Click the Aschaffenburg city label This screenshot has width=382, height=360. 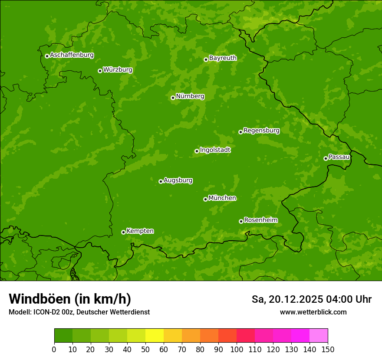[x=72, y=55]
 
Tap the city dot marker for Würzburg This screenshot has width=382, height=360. [x=100, y=71]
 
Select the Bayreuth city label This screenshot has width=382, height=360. [x=223, y=58]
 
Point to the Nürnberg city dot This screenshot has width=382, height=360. [x=173, y=98]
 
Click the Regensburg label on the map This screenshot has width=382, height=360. [x=261, y=130]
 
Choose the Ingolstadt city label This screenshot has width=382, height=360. [x=215, y=150]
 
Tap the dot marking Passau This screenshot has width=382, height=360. [x=326, y=158]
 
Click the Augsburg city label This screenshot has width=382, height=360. [x=178, y=180]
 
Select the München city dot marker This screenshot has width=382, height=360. [x=205, y=199]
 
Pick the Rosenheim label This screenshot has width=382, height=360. [x=260, y=220]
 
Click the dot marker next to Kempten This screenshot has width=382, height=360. [x=123, y=232]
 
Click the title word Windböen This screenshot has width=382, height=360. [x=39, y=299]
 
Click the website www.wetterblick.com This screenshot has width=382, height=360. [x=313, y=312]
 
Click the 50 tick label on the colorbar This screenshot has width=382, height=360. [x=145, y=349]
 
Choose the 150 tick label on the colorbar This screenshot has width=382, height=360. [x=328, y=349]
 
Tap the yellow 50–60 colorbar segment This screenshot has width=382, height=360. [x=155, y=336]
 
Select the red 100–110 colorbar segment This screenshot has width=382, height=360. [x=246, y=336]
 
